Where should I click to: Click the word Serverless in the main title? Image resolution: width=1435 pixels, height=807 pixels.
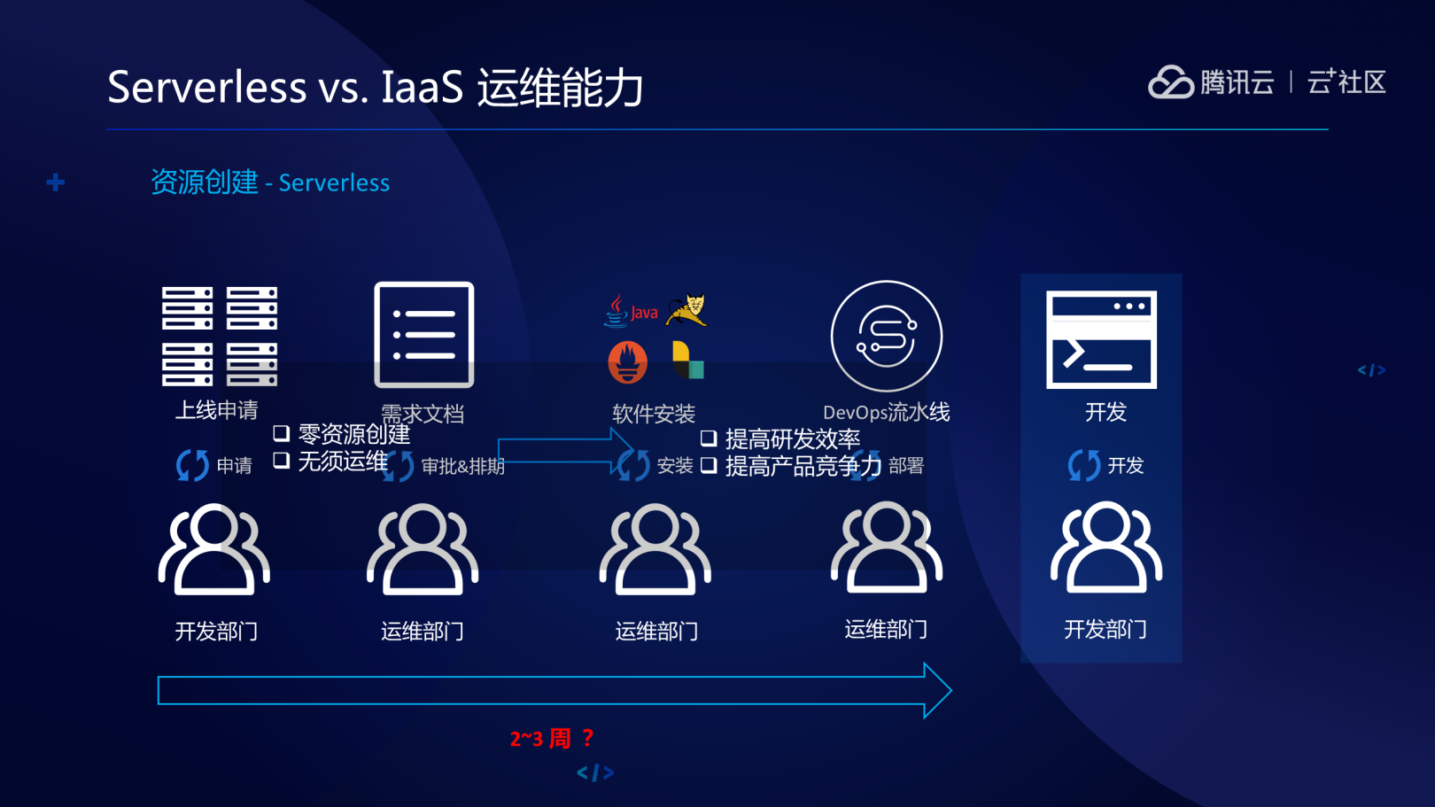pos(207,87)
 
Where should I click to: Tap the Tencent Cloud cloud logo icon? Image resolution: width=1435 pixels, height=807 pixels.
pos(1170,82)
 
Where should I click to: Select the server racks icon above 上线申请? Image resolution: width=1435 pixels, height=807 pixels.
pos(220,336)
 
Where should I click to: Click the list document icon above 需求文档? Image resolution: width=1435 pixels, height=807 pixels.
pos(424,335)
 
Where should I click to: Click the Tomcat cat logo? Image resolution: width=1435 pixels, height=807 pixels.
pos(688,310)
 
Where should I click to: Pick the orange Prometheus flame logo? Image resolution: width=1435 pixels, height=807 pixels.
pos(628,361)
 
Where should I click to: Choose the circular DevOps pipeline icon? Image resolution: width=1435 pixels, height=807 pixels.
pos(886,336)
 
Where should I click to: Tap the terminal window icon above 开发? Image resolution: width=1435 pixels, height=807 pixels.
pos(1101,339)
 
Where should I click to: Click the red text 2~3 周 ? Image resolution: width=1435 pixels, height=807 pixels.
pos(551,738)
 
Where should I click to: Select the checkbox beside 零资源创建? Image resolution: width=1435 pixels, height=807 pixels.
pos(282,433)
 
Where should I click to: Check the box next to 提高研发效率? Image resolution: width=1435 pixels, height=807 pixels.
pos(709,438)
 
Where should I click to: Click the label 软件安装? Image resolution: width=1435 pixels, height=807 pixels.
pos(654,414)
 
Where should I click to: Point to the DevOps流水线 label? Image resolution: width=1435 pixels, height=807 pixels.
pos(886,412)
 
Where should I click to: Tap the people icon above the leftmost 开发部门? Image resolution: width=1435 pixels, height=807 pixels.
pos(214,549)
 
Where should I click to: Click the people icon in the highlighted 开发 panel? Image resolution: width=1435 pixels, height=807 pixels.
pos(1105,547)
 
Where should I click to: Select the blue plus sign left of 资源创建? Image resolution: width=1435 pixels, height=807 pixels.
pos(56,182)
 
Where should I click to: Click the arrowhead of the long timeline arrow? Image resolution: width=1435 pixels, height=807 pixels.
pos(937,690)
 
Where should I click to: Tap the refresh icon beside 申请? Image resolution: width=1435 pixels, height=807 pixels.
pos(192,465)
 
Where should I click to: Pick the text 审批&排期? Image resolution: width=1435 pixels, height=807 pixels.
pos(462,466)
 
